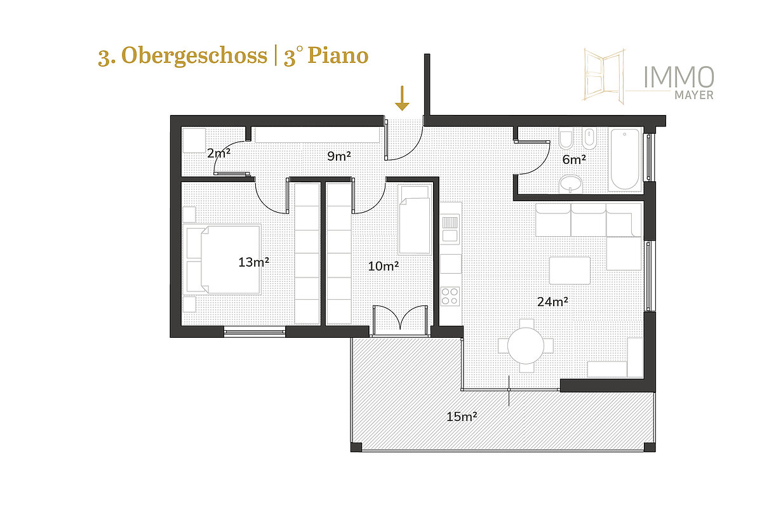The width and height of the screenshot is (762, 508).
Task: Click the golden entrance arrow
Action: pos(402,98)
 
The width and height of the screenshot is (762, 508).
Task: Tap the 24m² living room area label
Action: pos(553,302)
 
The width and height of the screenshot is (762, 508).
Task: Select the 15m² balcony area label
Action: pos(462,417)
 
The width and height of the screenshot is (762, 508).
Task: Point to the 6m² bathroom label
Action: pos(574,159)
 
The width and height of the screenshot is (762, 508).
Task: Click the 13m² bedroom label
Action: pos(254,262)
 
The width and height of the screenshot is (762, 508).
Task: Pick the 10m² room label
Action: pos(384,266)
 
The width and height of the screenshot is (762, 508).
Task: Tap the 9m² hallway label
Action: pos(339,156)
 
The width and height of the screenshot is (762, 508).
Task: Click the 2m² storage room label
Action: pos(218,153)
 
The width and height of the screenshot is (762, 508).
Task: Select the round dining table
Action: pos(526,345)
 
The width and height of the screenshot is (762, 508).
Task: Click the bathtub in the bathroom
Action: pos(625,159)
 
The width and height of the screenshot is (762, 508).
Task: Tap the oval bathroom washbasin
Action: pos(570,184)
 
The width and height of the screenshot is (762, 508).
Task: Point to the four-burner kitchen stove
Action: pos(450,297)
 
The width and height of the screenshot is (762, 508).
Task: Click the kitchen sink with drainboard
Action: pos(450,229)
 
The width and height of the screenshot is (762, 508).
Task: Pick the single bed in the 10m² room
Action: pos(415,220)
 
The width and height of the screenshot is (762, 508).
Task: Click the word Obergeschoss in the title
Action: pos(194,55)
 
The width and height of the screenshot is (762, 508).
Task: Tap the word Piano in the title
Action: pos(338,55)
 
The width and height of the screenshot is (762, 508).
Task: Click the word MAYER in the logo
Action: pos(694,95)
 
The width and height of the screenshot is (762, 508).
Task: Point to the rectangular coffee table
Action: pos(570,271)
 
